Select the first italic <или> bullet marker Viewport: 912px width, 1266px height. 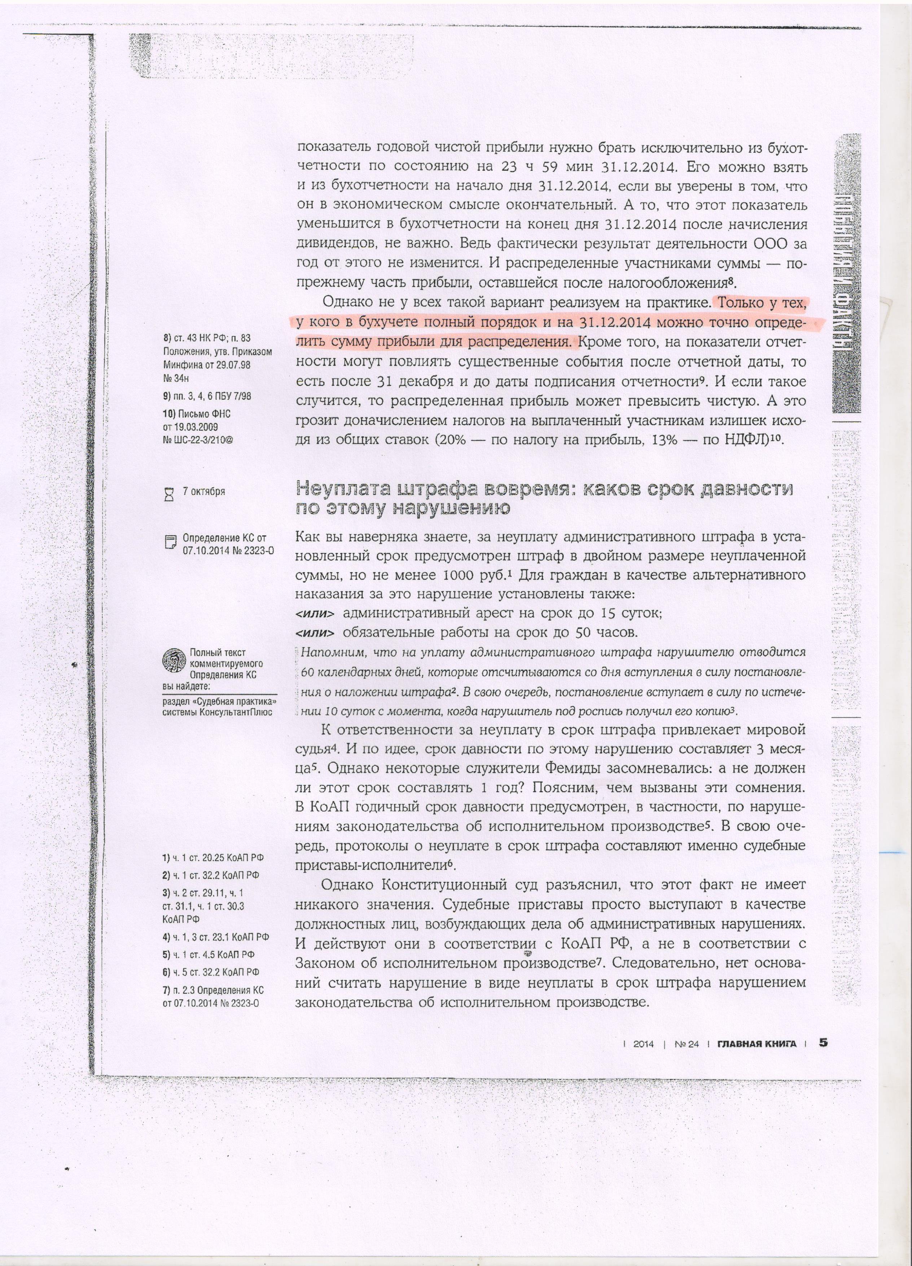(315, 613)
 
